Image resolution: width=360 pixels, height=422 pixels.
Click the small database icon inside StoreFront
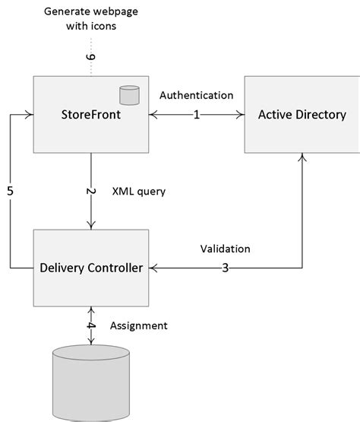[x=130, y=95]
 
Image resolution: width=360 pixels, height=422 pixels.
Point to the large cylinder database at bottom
[x=91, y=385]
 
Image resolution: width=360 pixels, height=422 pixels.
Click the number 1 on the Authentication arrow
[x=196, y=116]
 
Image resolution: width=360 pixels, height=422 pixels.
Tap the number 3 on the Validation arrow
[x=226, y=268]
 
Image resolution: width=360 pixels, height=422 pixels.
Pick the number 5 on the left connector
[x=11, y=192]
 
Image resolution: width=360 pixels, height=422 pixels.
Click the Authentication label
[x=196, y=95]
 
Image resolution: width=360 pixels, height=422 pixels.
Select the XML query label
[x=138, y=192]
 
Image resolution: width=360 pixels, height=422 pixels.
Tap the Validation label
[x=225, y=249]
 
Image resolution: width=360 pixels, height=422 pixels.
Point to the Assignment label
[x=139, y=325]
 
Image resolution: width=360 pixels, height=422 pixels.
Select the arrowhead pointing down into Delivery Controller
[x=91, y=224]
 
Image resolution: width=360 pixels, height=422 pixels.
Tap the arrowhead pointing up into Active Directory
[x=302, y=157]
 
